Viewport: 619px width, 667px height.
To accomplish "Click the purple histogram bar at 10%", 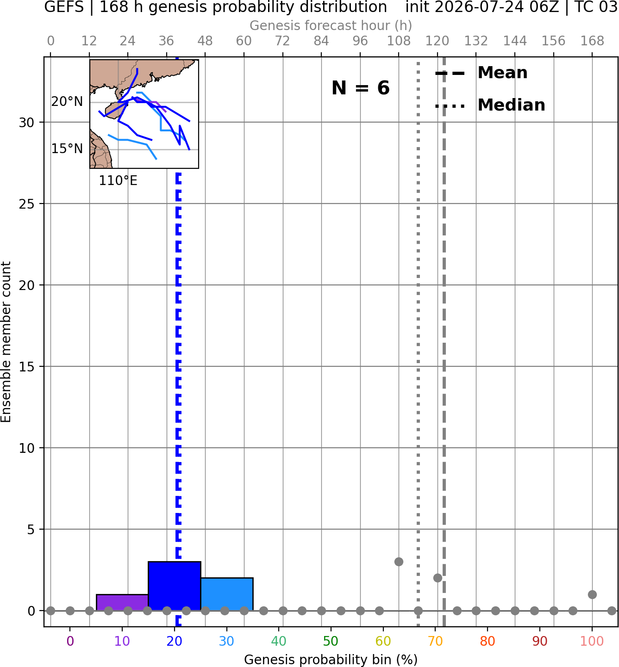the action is pos(122,603).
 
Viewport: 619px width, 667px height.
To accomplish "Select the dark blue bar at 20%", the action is pos(175,586).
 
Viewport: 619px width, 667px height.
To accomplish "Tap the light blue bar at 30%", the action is pos(227,594).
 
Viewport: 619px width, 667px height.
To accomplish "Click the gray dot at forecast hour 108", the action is pos(399,562).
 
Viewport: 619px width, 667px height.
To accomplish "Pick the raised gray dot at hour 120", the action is pos(438,578).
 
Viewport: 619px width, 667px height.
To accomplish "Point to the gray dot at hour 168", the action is pos(593,594).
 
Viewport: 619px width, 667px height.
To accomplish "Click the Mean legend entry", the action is pos(481,73).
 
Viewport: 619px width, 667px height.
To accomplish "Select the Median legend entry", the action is pos(490,105).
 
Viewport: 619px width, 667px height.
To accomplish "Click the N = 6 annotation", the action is pos(361,88).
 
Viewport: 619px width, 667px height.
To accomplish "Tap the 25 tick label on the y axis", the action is pos(26,204).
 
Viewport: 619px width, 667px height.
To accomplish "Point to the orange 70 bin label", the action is pos(435,641).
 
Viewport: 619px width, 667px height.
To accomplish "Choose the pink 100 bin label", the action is pos(592,641).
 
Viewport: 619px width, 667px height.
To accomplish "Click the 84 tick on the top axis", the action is pos(321,41).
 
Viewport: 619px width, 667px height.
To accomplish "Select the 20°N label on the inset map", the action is pos(67,101).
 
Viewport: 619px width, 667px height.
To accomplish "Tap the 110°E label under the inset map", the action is pos(118,181).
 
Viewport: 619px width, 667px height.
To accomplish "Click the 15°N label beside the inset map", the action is pos(67,148).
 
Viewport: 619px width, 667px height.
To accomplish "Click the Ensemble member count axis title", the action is pos(6,342).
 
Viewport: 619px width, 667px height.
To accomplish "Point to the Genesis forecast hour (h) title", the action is pos(331,25).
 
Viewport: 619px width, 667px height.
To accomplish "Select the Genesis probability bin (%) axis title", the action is pos(331,660).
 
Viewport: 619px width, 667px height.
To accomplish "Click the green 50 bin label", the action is pos(331,641).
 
